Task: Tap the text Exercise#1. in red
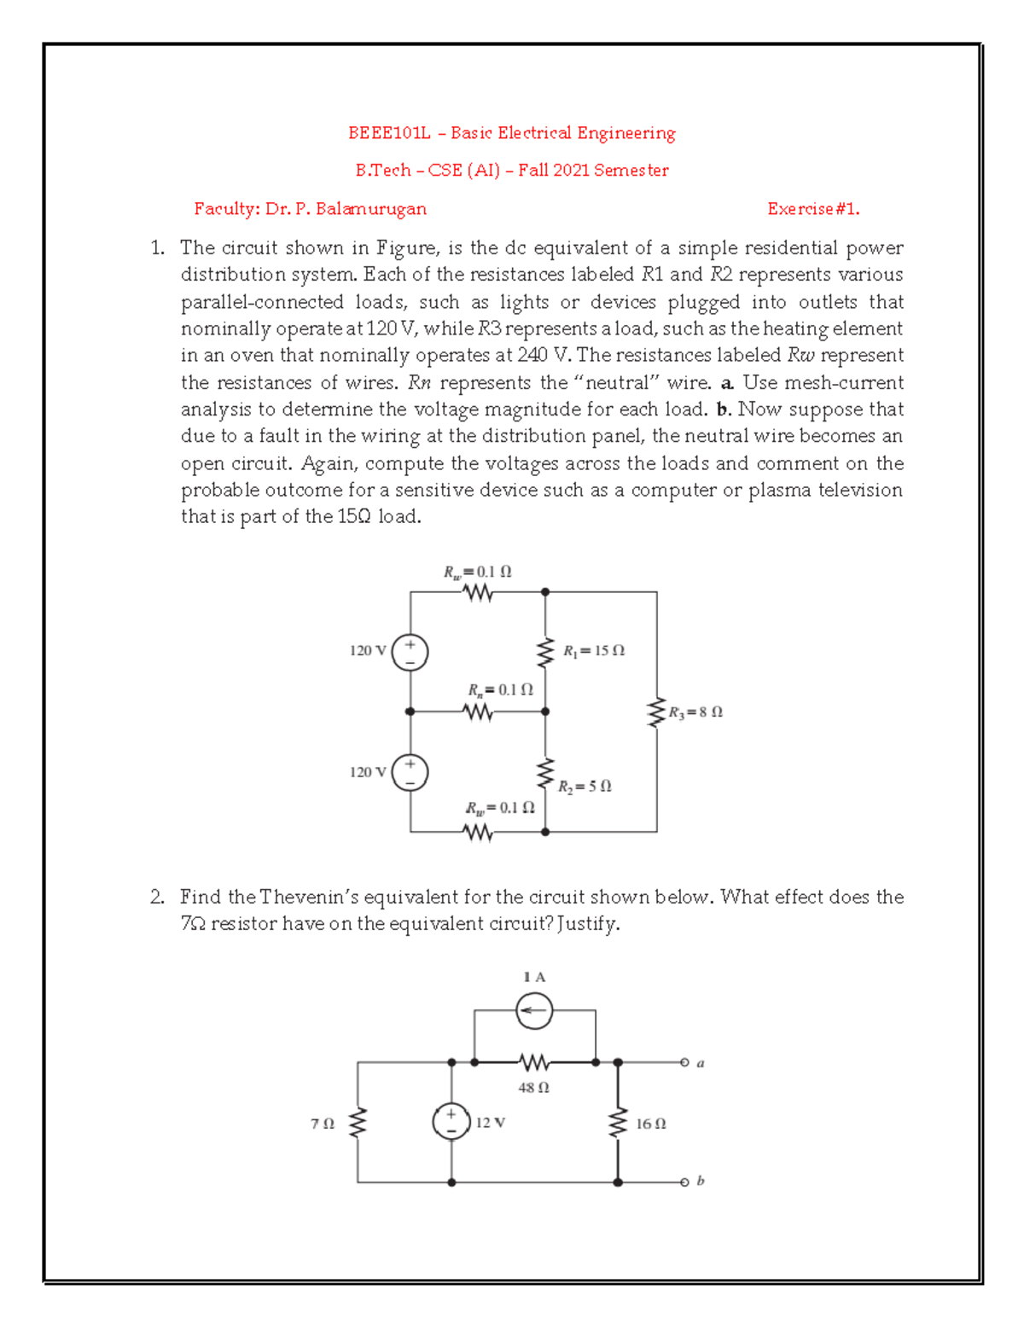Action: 813,209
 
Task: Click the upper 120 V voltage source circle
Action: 410,653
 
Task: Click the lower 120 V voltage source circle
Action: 410,773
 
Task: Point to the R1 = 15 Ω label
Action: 594,651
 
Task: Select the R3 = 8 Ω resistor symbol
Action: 656,712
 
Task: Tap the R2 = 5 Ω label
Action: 585,787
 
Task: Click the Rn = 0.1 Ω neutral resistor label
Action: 500,689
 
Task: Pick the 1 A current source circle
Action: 534,1011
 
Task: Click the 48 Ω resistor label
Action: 534,1088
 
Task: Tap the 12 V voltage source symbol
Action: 451,1121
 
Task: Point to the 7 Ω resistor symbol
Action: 358,1123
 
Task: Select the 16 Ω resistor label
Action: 651,1125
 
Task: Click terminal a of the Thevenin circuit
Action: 684,1062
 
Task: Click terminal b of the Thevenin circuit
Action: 684,1183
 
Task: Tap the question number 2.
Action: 156,897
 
